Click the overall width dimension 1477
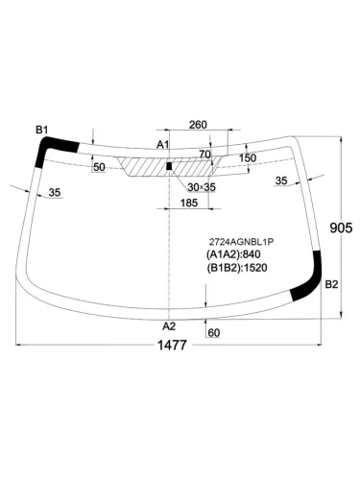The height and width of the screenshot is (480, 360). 172,346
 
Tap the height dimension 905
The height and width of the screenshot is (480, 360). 341,228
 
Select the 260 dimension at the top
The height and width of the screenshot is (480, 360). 198,125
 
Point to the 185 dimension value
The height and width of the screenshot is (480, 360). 189,203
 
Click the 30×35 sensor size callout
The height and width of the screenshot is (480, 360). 202,187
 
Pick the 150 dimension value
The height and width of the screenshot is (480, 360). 248,157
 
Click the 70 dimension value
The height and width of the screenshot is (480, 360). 205,155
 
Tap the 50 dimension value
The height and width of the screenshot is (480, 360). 99,167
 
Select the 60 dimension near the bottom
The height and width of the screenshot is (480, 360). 214,333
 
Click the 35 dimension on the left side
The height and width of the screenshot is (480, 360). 55,193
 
